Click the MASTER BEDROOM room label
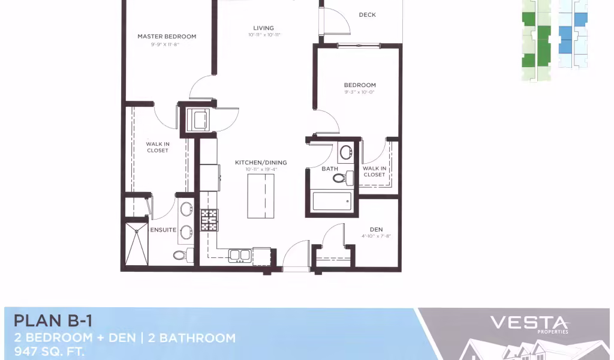pos(167,37)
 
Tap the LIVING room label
pos(264,28)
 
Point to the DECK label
pos(368,15)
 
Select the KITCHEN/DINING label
pos(261,162)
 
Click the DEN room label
pos(377,230)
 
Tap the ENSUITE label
pos(163,230)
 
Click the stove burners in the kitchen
pos(209,220)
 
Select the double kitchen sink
pos(240,256)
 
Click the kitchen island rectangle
pos(261,196)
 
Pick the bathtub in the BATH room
pos(332,202)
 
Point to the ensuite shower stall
pos(137,244)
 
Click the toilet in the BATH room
pos(343,178)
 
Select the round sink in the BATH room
pos(346,152)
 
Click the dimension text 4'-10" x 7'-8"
pos(377,236)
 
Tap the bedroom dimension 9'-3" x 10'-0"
pos(360,92)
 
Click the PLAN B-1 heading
pos(53,321)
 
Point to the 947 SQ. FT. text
pos(49,352)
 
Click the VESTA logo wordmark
pos(529,323)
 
